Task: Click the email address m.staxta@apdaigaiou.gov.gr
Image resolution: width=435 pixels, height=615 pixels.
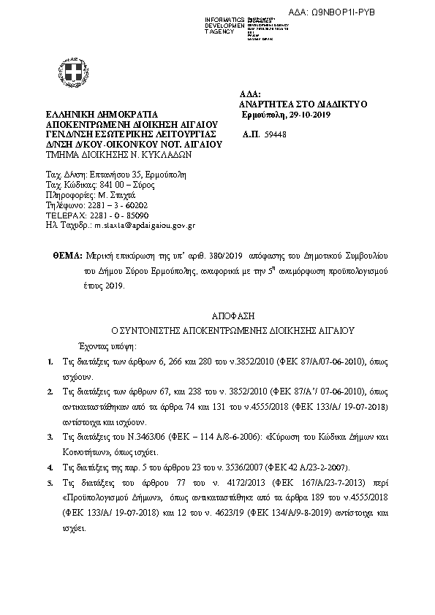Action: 141,226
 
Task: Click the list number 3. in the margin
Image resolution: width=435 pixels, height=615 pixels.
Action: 49,437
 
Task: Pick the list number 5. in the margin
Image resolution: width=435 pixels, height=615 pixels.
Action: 49,484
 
